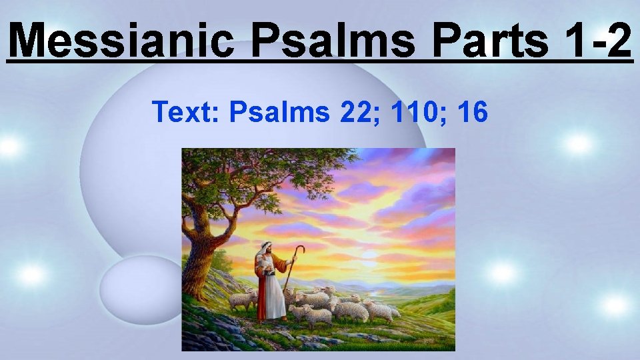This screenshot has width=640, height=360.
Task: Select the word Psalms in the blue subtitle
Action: [x=279, y=112]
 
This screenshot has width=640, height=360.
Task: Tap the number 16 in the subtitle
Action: [x=473, y=112]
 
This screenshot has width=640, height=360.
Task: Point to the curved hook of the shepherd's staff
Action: [x=301, y=250]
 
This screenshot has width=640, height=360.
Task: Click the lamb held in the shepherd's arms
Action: [x=265, y=264]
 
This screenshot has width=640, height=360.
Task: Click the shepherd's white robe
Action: [x=270, y=293]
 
